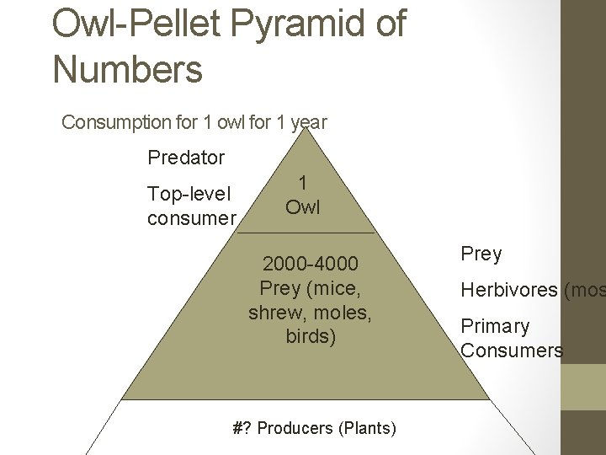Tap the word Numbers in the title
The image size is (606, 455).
click(x=127, y=68)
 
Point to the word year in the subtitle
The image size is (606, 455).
click(x=308, y=122)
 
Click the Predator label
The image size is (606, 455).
click(x=186, y=158)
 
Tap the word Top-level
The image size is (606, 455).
click(x=189, y=194)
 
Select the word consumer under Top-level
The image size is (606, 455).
click(x=191, y=218)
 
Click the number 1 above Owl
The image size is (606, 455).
click(x=303, y=183)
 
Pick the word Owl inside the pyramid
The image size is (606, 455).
click(x=303, y=206)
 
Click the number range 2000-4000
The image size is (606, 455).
click(x=310, y=264)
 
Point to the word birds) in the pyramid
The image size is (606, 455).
click(x=310, y=337)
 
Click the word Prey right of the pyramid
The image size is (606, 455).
click(x=481, y=254)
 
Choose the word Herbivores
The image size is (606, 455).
click(x=508, y=290)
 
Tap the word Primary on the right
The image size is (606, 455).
click(x=495, y=326)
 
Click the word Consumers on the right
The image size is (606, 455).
click(x=512, y=350)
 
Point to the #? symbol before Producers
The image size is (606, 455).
click(x=242, y=428)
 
